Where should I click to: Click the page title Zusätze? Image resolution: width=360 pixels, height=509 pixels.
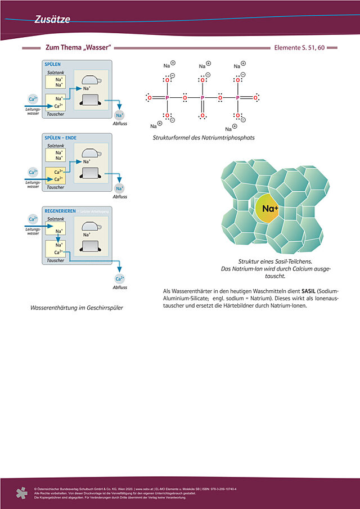point(52,20)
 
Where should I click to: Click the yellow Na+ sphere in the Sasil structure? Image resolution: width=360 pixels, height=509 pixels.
point(270,209)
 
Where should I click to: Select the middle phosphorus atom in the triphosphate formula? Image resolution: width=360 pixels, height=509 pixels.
point(202,98)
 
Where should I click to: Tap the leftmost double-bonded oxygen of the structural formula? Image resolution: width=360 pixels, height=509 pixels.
point(149,98)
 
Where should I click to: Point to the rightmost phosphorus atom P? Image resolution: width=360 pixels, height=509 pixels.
point(237,98)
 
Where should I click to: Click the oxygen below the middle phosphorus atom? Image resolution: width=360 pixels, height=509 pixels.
point(202,116)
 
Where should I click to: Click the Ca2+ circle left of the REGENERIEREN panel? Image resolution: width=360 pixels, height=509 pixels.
point(33,219)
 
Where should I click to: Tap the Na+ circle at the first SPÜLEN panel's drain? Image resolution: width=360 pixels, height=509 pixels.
point(119,115)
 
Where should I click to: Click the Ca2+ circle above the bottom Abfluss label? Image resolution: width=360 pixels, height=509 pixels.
point(119,278)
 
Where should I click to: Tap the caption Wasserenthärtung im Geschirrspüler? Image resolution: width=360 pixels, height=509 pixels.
point(76,308)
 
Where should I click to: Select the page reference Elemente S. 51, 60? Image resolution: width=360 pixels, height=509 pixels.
point(299,48)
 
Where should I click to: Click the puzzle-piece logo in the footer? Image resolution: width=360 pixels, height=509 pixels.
point(21,493)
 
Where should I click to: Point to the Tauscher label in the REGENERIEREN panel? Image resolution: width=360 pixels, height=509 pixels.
point(55,260)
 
